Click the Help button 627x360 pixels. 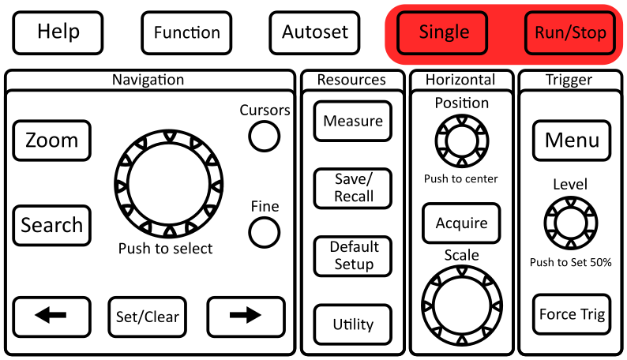(x=58, y=32)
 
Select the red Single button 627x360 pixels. (x=444, y=32)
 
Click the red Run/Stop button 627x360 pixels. (x=570, y=33)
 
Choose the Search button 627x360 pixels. (x=51, y=226)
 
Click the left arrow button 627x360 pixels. (x=51, y=316)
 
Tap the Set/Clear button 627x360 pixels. (x=148, y=317)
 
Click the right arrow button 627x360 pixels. (x=245, y=316)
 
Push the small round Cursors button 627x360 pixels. (x=265, y=137)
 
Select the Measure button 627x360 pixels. (x=353, y=122)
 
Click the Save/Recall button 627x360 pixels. (x=353, y=188)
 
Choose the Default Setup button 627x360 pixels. (x=353, y=255)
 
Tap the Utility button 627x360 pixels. (x=353, y=324)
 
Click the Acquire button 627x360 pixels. (x=461, y=223)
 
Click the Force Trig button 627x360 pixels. (x=572, y=314)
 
